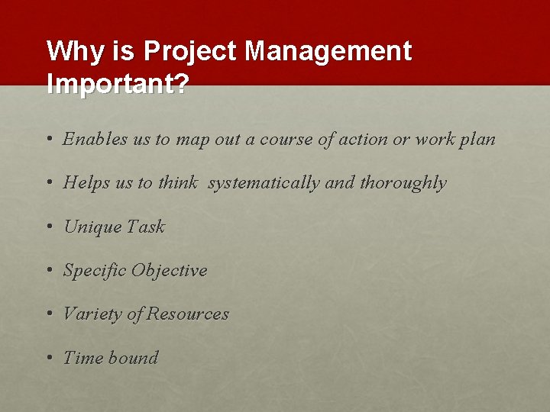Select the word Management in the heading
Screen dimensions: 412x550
328,52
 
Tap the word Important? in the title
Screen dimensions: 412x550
118,84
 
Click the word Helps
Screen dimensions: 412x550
86,183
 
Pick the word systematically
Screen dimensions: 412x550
263,183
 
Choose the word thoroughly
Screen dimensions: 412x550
403,183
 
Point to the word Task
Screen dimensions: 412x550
145,227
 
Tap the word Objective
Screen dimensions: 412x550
169,271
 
